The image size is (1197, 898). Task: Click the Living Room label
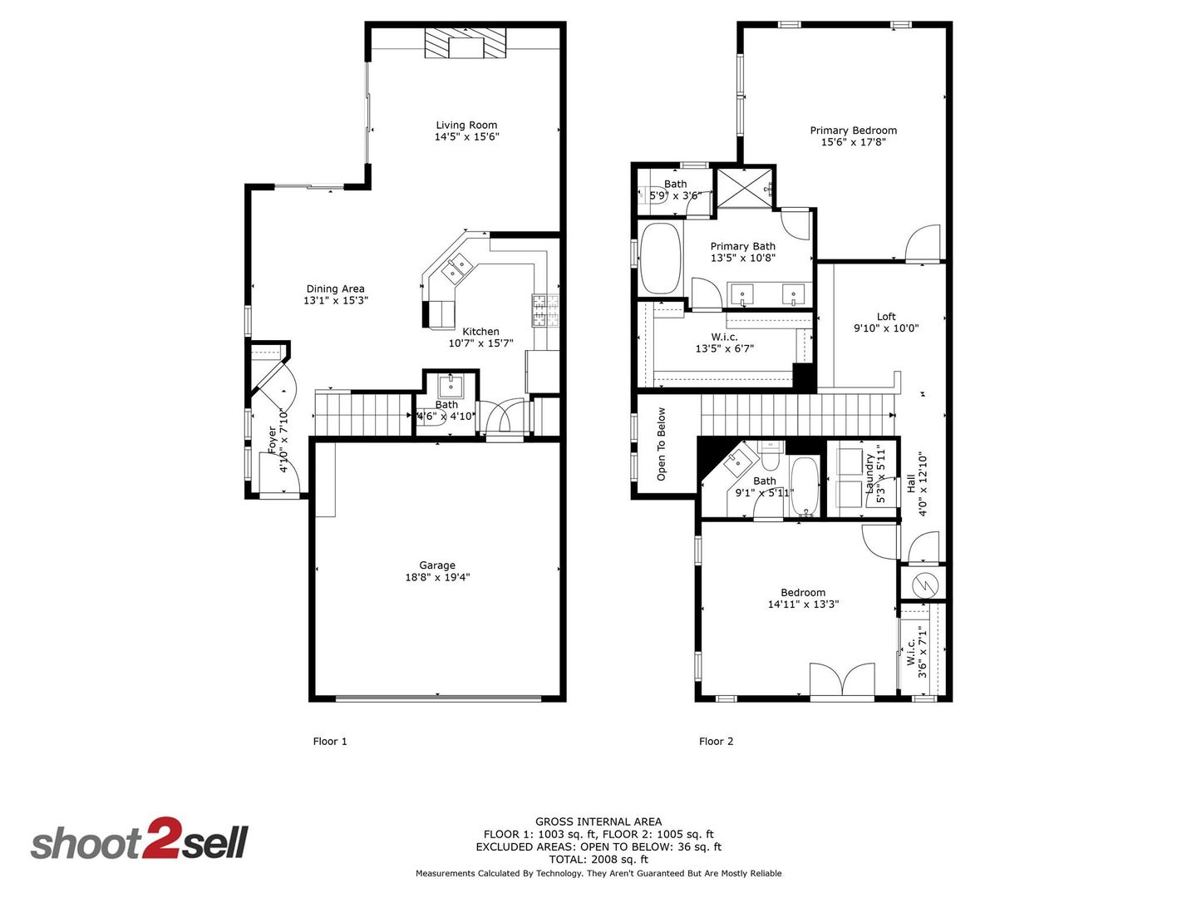pos(466,125)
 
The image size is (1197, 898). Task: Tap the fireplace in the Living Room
pos(465,43)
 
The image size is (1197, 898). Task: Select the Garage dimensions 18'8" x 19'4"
pos(437,577)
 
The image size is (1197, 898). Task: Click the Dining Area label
pos(335,289)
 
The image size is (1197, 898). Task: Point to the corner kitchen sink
pos(456,268)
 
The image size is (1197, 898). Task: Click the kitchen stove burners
pos(546,310)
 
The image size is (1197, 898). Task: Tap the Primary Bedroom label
pos(853,131)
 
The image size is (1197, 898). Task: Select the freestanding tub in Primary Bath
pos(660,259)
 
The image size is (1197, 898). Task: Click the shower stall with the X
pos(745,188)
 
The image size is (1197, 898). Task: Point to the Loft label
pos(886,316)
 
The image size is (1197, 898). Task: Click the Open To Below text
pos(661,444)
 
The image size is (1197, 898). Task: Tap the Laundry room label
pos(870,474)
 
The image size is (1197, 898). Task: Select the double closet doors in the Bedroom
pos(842,679)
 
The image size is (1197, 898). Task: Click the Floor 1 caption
pos(330,741)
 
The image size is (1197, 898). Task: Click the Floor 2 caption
pos(716,741)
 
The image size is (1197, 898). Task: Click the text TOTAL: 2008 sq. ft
pos(598,859)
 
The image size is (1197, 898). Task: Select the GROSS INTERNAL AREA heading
pos(598,822)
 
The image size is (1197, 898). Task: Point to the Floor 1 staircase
pos(363,414)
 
